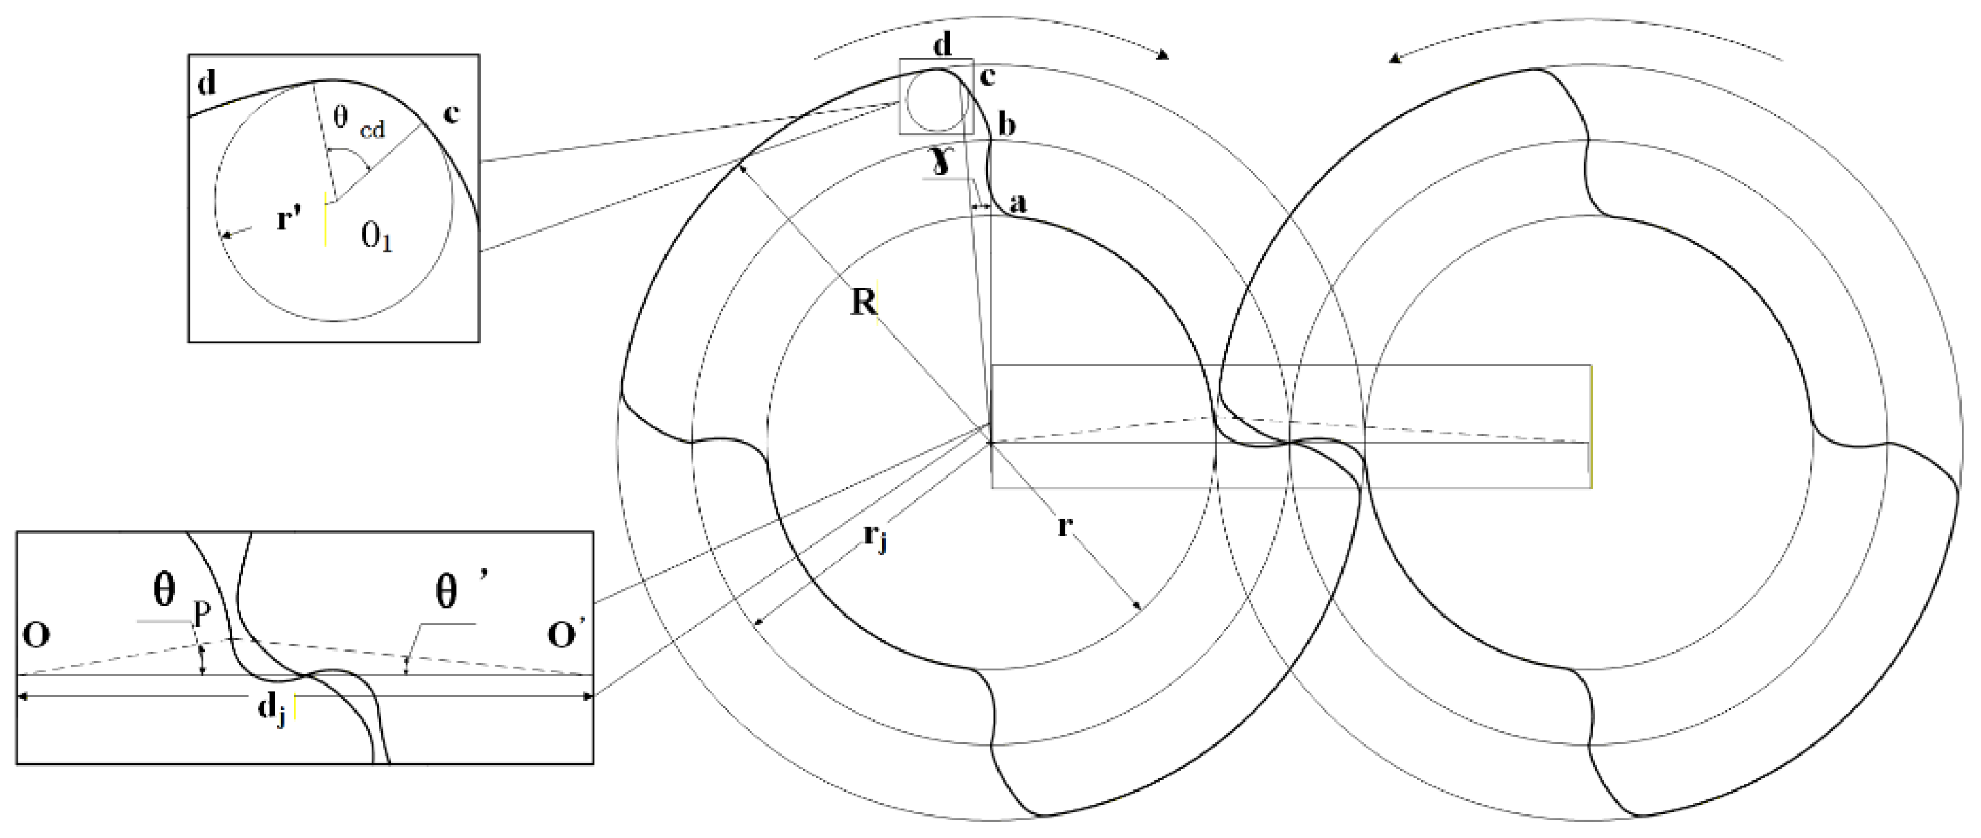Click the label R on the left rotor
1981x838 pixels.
[864, 302]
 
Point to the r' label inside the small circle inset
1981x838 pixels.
[288, 221]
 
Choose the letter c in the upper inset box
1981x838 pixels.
[452, 114]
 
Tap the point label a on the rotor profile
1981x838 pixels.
[1018, 203]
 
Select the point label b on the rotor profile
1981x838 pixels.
[1006, 125]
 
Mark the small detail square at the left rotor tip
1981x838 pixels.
[936, 97]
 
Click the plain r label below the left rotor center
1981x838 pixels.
[1064, 527]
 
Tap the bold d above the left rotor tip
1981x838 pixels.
[942, 45]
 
